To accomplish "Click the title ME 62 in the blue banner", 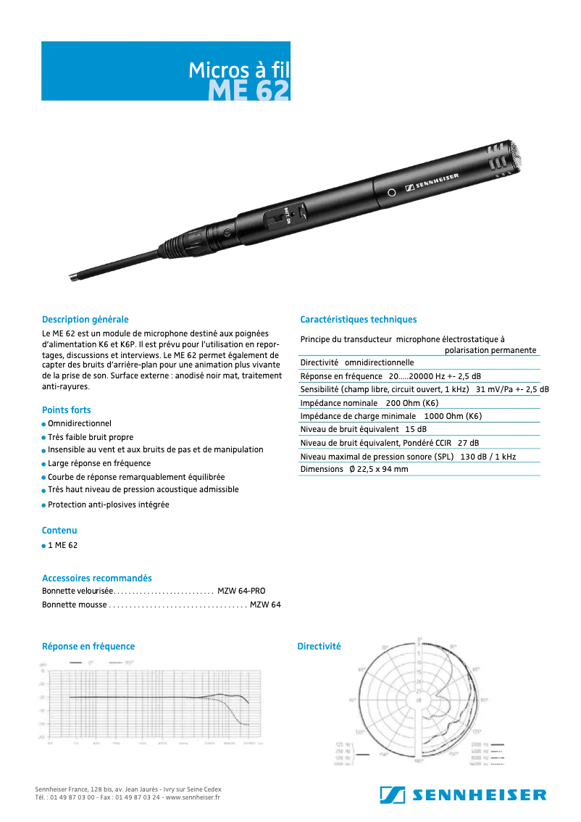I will pyautogui.click(x=249, y=91).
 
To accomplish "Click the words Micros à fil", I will pyautogui.click(x=238, y=70).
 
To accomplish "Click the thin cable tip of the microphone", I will pyautogui.click(x=75, y=276).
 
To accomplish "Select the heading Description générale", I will pyautogui.click(x=85, y=320).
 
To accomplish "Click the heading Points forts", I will pyautogui.click(x=67, y=410).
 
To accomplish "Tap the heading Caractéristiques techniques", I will pyautogui.click(x=359, y=320).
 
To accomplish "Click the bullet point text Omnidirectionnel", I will pyautogui.click(x=80, y=423).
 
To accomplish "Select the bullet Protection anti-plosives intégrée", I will pyautogui.click(x=109, y=505).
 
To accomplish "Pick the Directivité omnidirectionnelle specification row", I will pyautogui.click(x=357, y=362).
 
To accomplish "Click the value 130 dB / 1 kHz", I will pyautogui.click(x=488, y=457).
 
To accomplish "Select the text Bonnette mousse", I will pyautogui.click(x=73, y=605).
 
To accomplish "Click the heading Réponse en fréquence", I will pyautogui.click(x=88, y=647).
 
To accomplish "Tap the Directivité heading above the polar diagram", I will pyautogui.click(x=319, y=647).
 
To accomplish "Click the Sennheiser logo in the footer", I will pyautogui.click(x=463, y=795).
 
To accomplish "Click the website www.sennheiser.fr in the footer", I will pyautogui.click(x=192, y=797).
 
